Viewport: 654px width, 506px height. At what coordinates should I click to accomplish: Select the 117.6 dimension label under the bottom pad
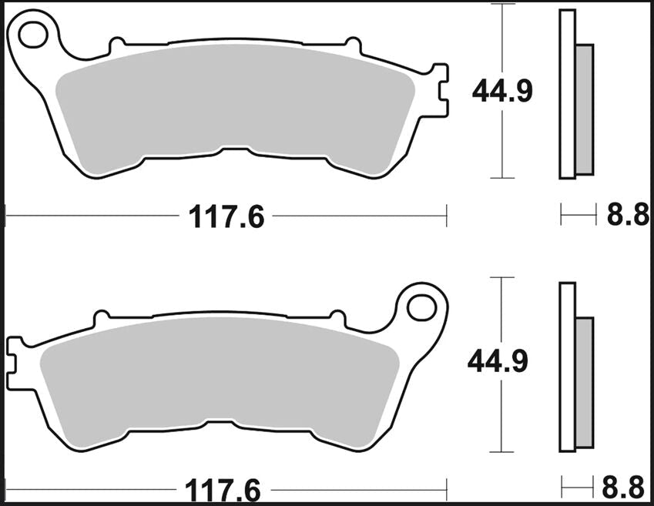point(222,490)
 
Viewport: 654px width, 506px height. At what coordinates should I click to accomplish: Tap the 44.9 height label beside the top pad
point(502,92)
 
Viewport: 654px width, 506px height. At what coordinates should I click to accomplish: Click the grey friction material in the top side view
point(585,108)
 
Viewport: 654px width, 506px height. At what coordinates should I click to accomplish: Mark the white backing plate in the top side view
point(567,92)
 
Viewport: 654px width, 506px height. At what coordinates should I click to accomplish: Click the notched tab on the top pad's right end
point(440,92)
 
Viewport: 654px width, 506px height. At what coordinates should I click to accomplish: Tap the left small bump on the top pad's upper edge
point(117,45)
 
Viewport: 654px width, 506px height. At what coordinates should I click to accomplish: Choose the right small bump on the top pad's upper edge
point(353,45)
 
